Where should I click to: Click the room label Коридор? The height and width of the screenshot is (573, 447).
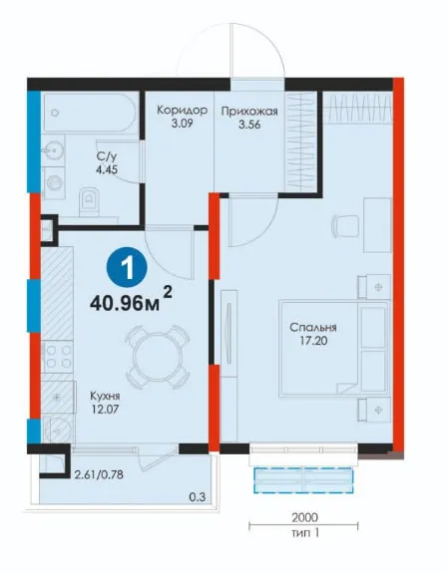pyautogui.click(x=182, y=110)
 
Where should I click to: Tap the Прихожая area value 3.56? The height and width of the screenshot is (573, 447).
pyautogui.click(x=249, y=125)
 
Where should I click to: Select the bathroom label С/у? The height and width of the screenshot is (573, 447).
pyautogui.click(x=107, y=156)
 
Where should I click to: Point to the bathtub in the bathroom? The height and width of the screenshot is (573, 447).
pyautogui.click(x=90, y=113)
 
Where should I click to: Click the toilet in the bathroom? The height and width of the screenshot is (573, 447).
pyautogui.click(x=89, y=201)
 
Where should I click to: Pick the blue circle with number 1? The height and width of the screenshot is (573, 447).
pyautogui.click(x=127, y=269)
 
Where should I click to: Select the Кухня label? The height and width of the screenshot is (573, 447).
pyautogui.click(x=105, y=396)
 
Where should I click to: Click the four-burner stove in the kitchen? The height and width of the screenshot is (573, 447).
pyautogui.click(x=57, y=357)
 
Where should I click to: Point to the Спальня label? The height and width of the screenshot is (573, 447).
pyautogui.click(x=313, y=327)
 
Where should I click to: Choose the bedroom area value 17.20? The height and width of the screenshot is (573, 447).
pyautogui.click(x=313, y=341)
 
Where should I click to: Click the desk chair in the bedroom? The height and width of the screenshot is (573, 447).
pyautogui.click(x=344, y=225)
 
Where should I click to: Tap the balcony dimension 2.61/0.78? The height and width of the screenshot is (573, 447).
pyautogui.click(x=99, y=475)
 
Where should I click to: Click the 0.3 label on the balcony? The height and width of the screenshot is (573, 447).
pyautogui.click(x=198, y=497)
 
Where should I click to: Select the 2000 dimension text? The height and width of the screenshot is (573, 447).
pyautogui.click(x=305, y=517)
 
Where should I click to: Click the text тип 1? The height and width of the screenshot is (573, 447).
pyautogui.click(x=305, y=532)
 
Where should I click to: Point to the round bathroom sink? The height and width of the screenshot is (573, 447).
pyautogui.click(x=54, y=150)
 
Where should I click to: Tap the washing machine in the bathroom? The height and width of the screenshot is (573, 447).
pyautogui.click(x=54, y=183)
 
